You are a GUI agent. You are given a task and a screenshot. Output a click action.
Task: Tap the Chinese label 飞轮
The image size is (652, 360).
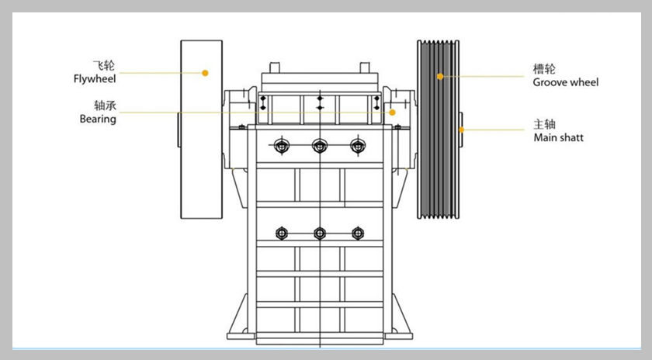coord(102,65)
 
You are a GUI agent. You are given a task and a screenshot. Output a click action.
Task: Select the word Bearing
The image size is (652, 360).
coord(98,119)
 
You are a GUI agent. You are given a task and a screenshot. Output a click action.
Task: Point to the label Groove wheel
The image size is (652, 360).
coord(566,82)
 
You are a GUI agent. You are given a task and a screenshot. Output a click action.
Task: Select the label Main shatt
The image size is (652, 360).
coord(558,137)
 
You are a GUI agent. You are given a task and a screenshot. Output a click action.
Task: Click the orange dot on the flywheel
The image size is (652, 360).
coord(205,73)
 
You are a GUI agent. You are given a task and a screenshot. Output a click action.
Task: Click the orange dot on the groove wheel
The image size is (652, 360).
coord(439,76)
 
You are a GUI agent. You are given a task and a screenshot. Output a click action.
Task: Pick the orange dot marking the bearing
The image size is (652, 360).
coord(392,112)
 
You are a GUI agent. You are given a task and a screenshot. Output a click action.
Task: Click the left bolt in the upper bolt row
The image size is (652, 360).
coord(282,145)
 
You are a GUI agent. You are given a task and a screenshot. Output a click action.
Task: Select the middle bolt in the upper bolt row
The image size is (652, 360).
coord(319,145)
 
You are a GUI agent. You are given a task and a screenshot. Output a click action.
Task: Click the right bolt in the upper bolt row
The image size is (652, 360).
coord(357,145)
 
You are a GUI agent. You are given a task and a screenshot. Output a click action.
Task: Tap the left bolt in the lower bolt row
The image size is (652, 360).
coord(282,233)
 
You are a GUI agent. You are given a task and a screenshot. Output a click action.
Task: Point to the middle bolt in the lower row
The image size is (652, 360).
coord(319,233)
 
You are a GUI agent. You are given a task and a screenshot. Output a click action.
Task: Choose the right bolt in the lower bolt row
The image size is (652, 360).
coord(357,233)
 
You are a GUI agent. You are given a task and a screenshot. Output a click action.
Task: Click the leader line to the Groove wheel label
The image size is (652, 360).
coord(485,76)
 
